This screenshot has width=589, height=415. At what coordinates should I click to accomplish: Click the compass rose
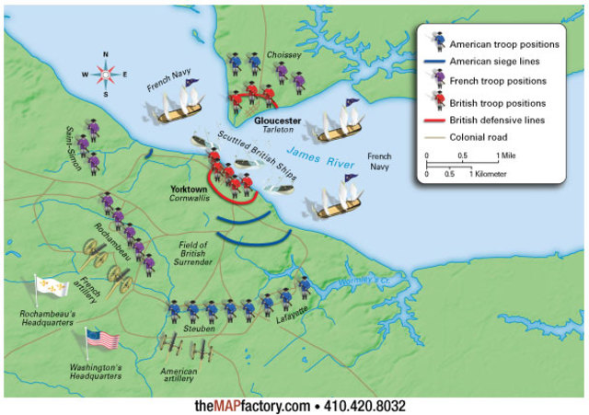click(105, 73)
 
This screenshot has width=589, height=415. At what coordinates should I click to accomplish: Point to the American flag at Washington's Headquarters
click(102, 339)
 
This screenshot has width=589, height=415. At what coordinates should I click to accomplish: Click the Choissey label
click(283, 55)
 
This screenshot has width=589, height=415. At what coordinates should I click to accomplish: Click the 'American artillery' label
click(179, 375)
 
